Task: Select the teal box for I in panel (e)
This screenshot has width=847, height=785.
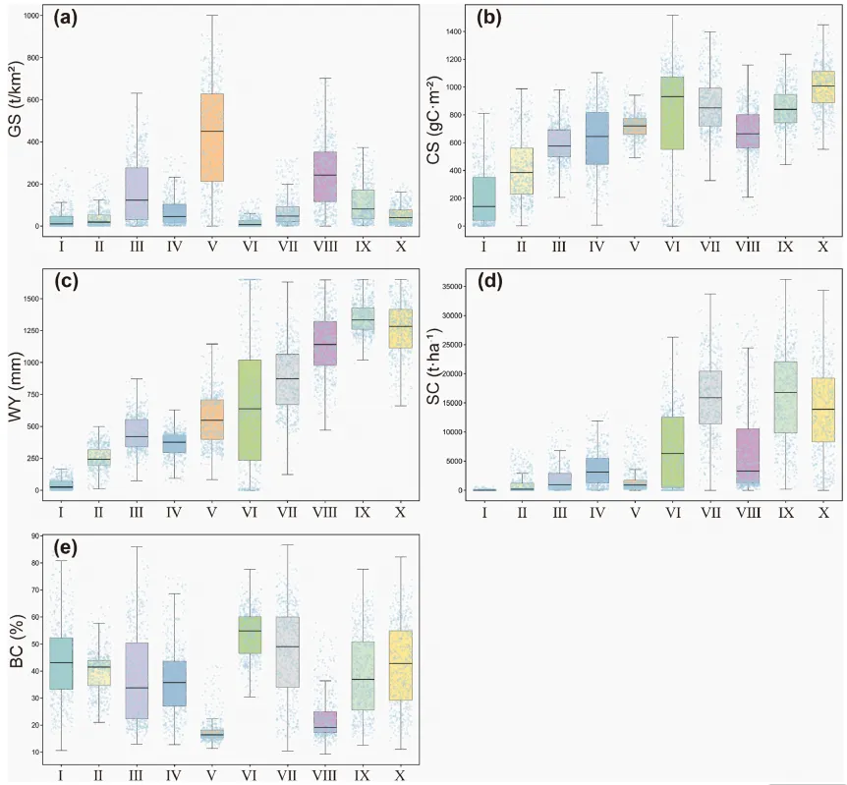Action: point(61,663)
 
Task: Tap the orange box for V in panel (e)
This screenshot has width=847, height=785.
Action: point(212,734)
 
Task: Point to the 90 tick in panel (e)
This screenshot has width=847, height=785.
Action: point(33,536)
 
